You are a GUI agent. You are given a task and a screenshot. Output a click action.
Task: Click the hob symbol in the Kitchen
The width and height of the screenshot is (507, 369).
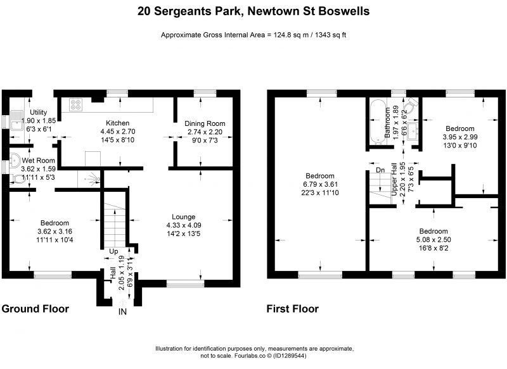pos(75,104)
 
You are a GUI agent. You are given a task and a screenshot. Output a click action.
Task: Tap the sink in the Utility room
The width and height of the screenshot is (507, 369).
pos(16,120)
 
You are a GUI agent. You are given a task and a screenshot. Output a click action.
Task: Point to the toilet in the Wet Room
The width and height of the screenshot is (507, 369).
pos(18,178)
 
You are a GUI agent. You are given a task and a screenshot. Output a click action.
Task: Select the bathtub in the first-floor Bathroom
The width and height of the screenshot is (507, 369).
pos(377,122)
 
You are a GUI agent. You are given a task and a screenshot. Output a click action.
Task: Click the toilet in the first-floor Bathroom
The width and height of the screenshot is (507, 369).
pos(411,104)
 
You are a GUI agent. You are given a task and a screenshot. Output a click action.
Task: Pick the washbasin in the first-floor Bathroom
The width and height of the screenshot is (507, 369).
pos(413,131)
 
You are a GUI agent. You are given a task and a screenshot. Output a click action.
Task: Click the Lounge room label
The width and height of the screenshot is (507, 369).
pos(183,216)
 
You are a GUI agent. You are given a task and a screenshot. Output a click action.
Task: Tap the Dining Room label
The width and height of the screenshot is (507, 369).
pos(205,123)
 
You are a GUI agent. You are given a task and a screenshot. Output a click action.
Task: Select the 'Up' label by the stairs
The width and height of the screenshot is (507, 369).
pos(113,251)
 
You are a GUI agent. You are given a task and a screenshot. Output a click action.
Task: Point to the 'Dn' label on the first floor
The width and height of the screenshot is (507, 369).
pos(381,170)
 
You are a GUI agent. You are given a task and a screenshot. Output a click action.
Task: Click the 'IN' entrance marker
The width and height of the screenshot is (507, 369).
pos(122,311)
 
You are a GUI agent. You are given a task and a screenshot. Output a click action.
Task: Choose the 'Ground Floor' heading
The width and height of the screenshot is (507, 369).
pos(35,309)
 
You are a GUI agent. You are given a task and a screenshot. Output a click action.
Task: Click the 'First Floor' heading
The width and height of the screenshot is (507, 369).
pos(293,309)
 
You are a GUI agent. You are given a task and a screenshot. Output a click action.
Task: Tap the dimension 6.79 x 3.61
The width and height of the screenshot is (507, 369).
pos(320,184)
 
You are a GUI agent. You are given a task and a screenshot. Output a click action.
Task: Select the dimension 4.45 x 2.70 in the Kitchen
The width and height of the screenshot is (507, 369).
pos(118,132)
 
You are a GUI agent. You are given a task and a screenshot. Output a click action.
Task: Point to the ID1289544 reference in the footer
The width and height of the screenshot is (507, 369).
pos(290,356)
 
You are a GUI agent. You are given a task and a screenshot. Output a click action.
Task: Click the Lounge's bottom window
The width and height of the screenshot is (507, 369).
pos(186,284)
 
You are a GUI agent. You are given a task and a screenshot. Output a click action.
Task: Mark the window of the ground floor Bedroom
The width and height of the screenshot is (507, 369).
pos(53,275)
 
